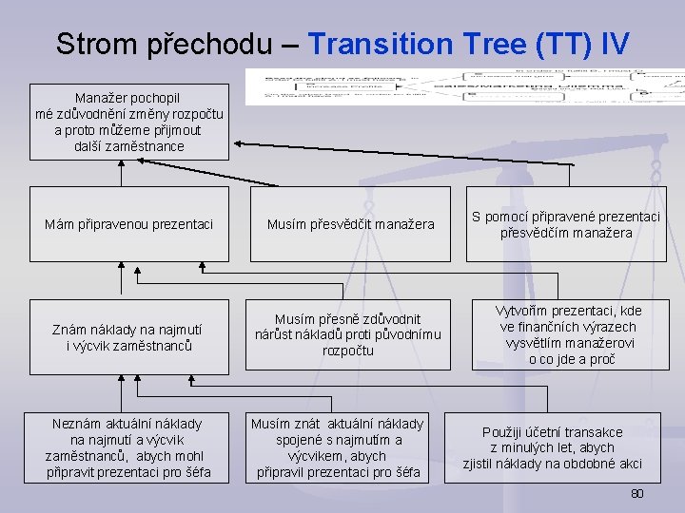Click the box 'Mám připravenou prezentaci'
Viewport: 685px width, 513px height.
tap(129, 224)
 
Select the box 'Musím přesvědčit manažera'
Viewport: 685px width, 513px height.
tap(350, 224)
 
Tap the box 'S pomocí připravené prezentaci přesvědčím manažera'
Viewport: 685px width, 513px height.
tap(567, 224)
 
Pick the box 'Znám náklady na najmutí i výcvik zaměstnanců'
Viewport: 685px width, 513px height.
tap(129, 337)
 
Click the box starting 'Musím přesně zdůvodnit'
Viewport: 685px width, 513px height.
tap(348, 335)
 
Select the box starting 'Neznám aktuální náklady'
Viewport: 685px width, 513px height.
tap(129, 447)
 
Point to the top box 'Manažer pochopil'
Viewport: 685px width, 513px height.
tap(129, 122)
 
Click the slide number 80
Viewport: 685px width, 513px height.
tap(637, 494)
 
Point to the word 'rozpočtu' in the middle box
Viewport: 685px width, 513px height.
tap(348, 351)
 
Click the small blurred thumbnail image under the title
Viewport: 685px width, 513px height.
tap(464, 85)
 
